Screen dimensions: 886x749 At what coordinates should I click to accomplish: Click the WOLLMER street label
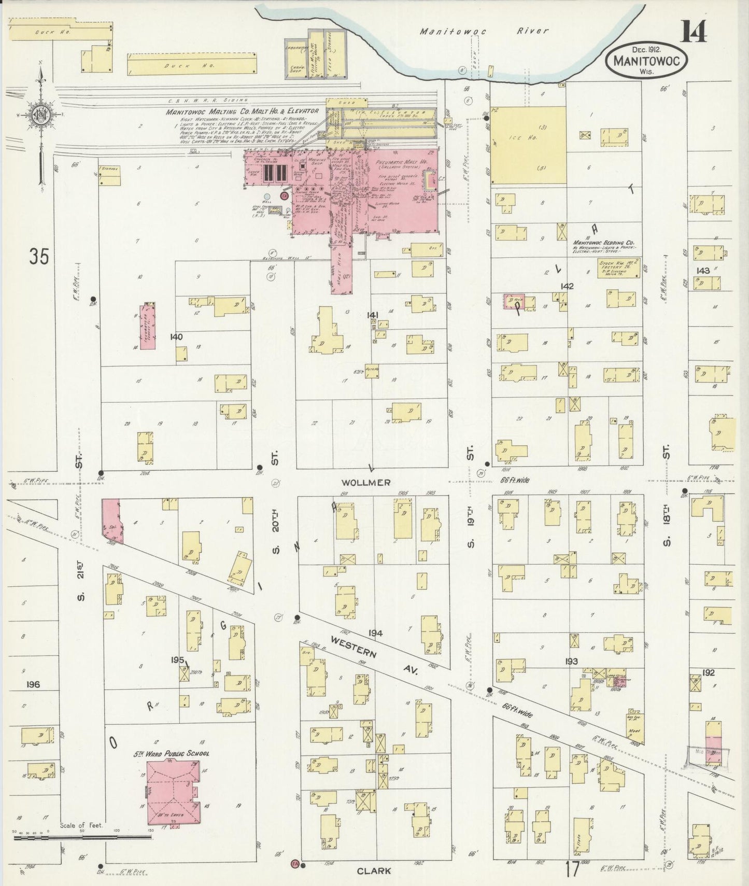click(373, 483)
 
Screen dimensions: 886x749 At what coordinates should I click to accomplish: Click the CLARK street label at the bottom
click(373, 871)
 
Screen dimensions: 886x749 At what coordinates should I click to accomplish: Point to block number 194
click(375, 634)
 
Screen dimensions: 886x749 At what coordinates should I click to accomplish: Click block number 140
click(176, 337)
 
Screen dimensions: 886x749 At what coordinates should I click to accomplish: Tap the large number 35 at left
click(39, 257)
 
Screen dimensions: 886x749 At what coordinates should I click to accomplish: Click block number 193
click(571, 661)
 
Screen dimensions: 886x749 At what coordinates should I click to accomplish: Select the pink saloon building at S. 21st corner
click(111, 521)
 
